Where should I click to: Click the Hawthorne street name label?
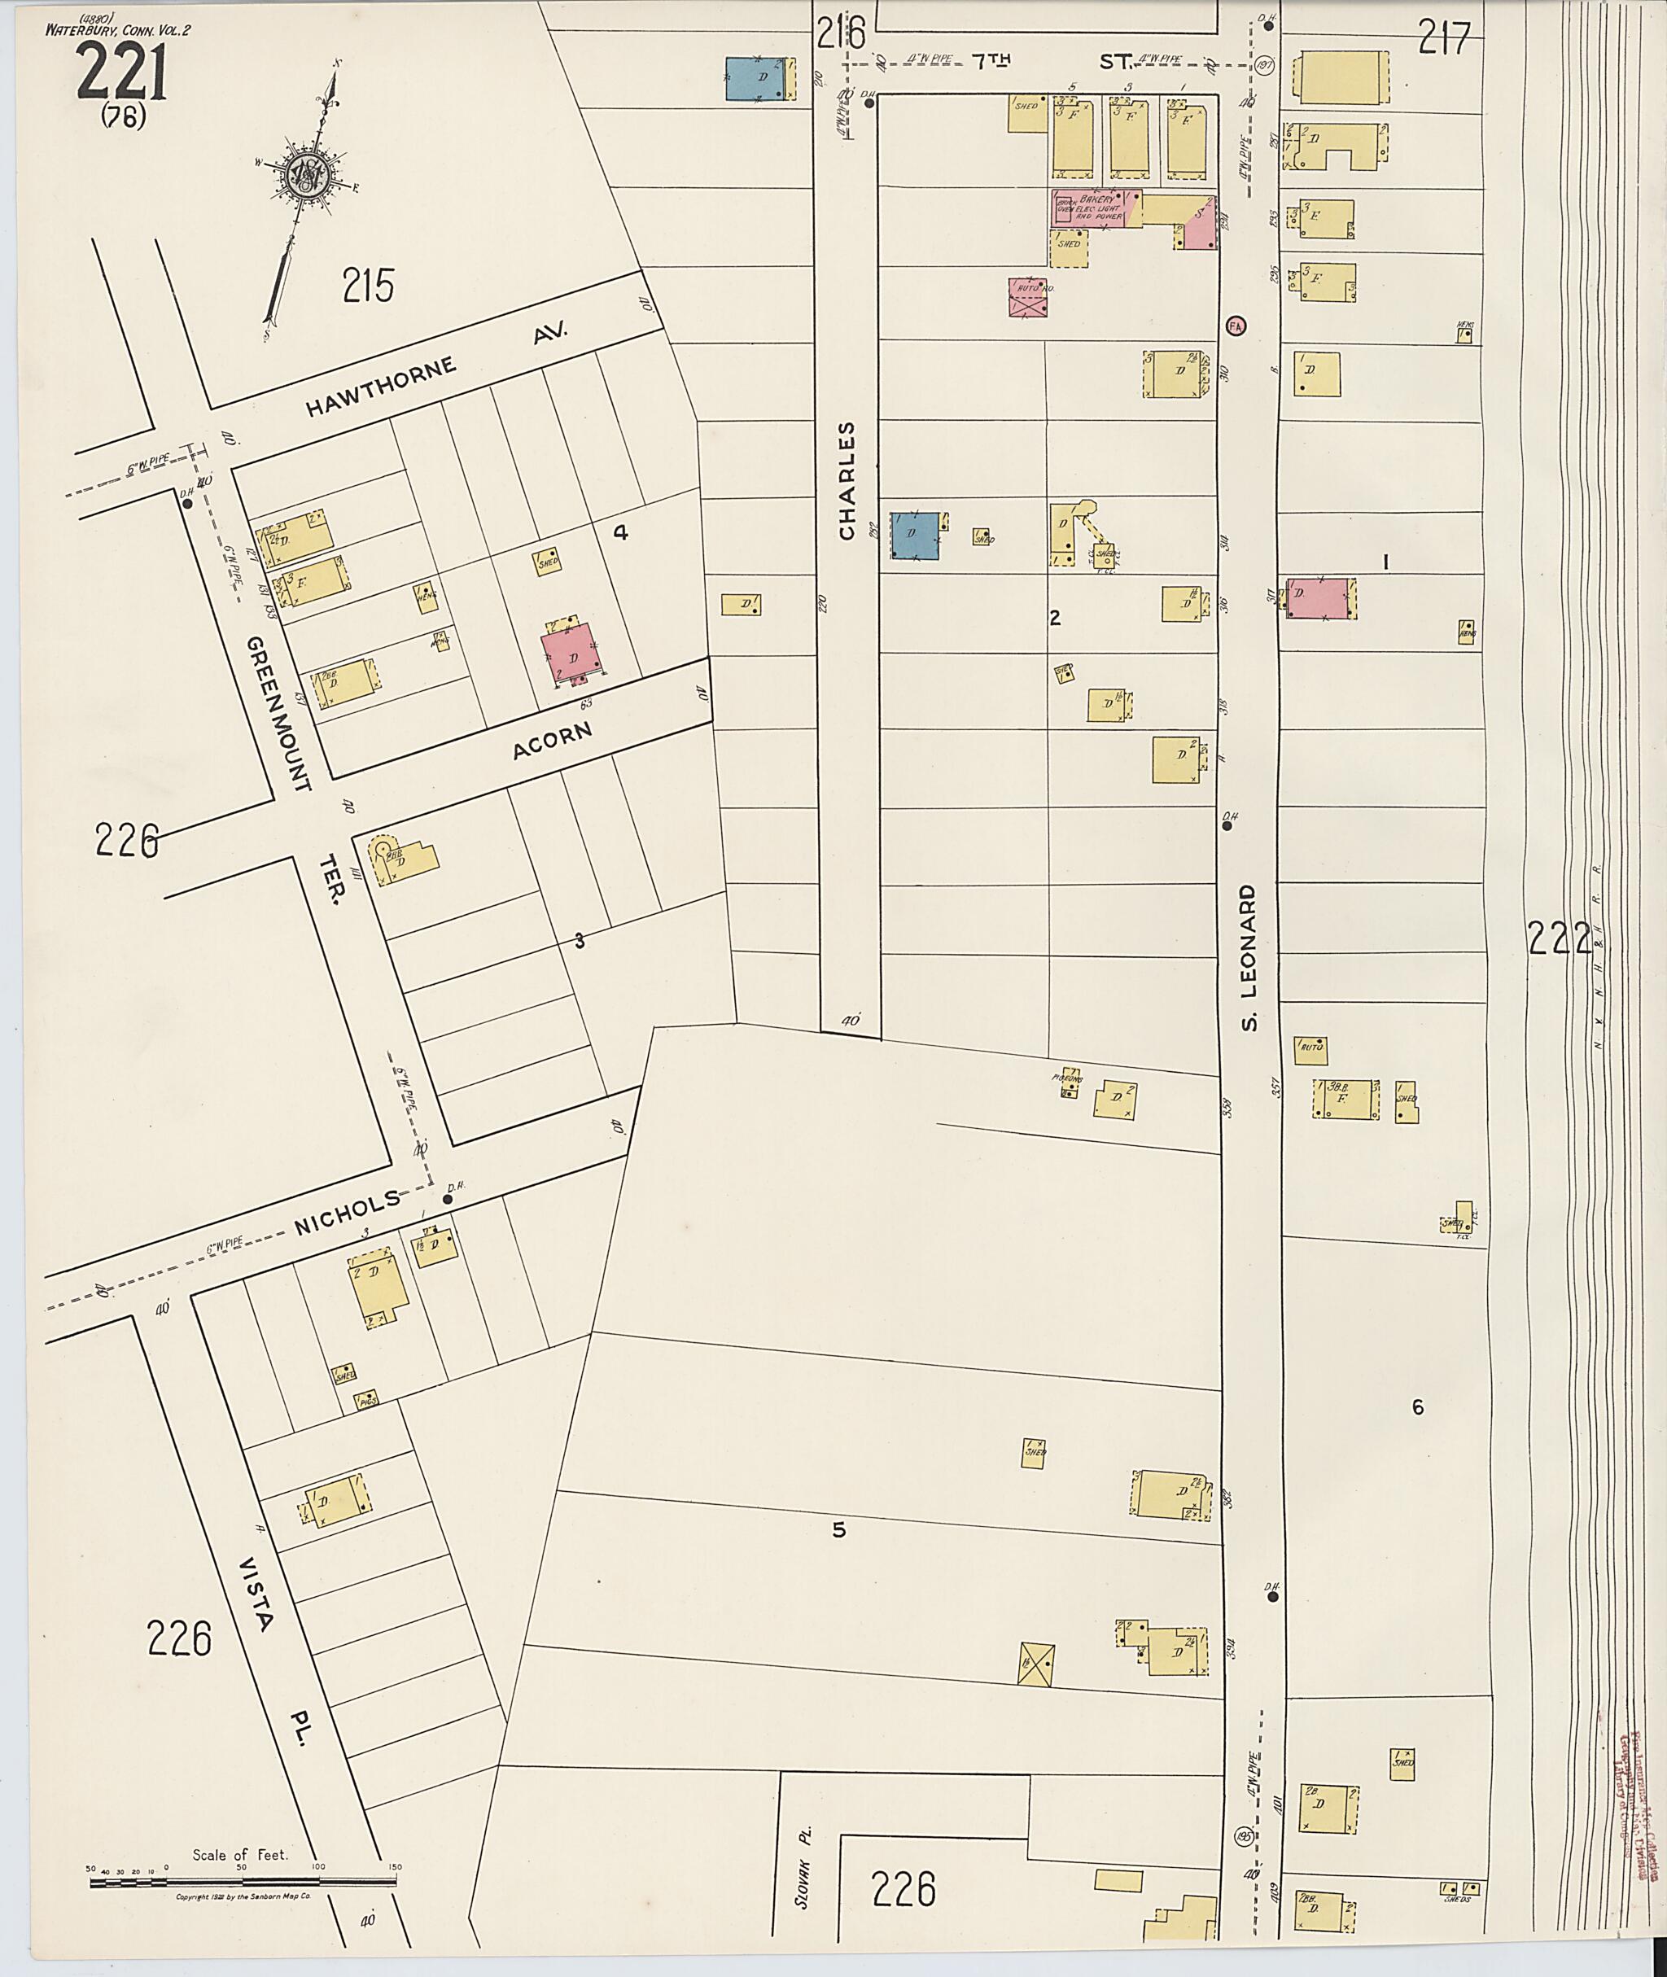pos(382,386)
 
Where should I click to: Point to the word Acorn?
pos(552,740)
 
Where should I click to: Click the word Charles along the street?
pos(846,481)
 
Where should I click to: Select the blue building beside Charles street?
pos(915,536)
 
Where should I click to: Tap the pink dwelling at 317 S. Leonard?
pos(1316,597)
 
